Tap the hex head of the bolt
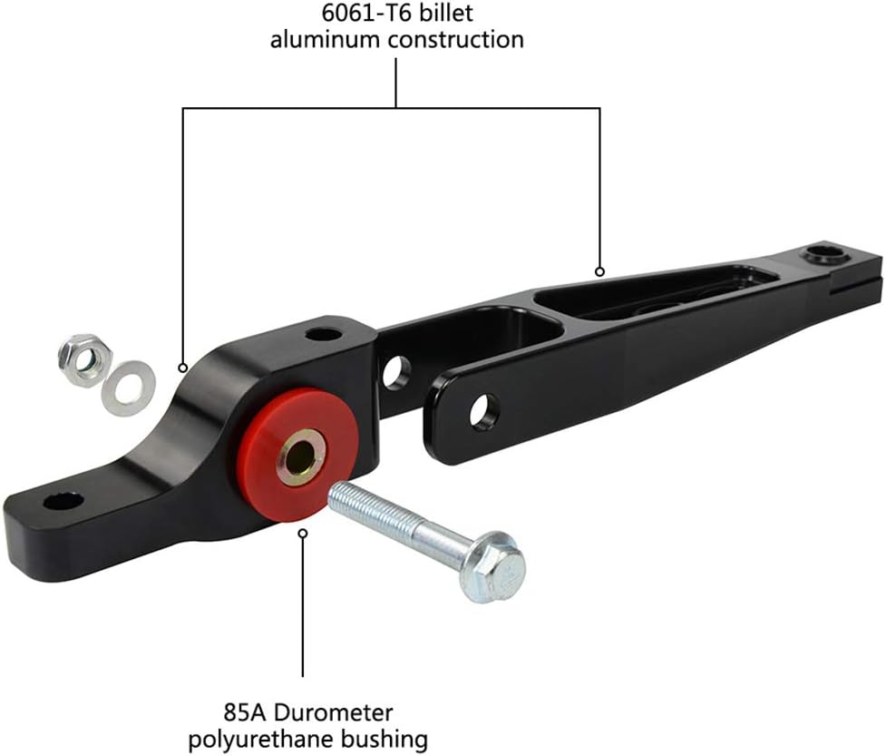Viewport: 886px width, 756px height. [492, 565]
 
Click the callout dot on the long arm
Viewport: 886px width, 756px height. [599, 270]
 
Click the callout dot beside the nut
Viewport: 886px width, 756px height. [183, 368]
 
